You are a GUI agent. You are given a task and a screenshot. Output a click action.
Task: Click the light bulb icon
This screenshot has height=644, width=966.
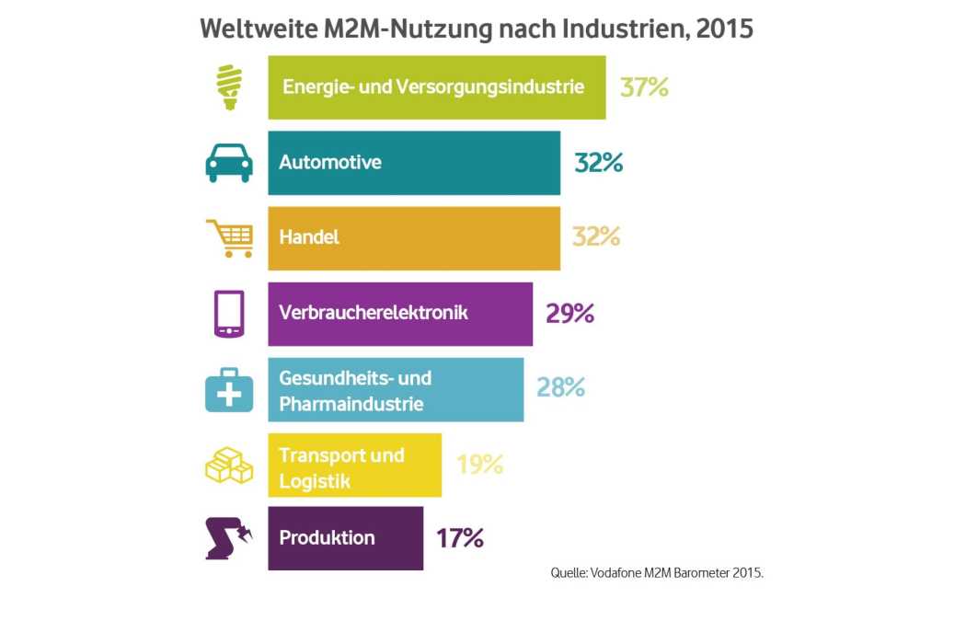pos(227,87)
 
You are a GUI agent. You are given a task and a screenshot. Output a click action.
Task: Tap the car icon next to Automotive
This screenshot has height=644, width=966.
pos(228,163)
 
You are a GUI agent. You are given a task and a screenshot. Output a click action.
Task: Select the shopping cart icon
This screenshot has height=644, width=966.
pos(229,238)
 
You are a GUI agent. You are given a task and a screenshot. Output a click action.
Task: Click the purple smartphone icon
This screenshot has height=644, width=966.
pos(228,314)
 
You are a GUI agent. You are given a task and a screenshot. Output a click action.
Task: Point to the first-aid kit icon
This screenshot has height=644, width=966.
pos(228,390)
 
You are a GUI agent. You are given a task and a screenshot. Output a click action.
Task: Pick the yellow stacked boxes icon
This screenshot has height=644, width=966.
pos(228,466)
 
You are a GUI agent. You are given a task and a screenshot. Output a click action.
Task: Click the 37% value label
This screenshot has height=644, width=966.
pos(644,87)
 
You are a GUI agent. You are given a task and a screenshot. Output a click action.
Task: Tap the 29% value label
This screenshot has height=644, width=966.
pos(569,314)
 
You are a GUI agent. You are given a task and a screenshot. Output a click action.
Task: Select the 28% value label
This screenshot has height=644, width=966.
pos(560,387)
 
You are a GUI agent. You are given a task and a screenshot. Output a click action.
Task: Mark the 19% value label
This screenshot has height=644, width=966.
pos(479,465)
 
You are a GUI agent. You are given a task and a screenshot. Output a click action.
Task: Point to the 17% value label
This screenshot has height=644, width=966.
pos(460,538)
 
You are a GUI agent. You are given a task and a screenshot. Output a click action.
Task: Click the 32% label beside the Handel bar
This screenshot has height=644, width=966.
pos(596,237)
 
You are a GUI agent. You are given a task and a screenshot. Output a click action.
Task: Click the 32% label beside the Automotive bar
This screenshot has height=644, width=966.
pos(599,163)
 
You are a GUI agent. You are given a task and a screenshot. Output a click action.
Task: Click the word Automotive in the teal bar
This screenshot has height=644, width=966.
pos(330,163)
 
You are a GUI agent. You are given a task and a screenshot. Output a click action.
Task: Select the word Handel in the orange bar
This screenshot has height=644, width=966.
pos(309,237)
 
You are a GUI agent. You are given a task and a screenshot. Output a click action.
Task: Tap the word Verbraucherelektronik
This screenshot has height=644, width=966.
pos(374,313)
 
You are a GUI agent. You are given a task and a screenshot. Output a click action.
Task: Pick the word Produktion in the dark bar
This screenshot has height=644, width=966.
pos(327,538)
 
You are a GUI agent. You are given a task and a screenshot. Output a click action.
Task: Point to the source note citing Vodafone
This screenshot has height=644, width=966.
pos(657,572)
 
